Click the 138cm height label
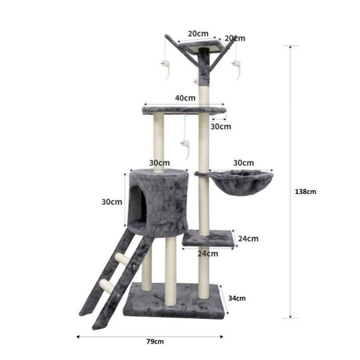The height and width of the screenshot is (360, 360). click(305, 191)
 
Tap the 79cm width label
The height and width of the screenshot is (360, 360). click(155, 341)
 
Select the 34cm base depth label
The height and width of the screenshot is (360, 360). click(237, 298)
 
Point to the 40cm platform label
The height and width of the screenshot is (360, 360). click(185, 98)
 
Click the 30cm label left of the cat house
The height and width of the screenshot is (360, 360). click(112, 202)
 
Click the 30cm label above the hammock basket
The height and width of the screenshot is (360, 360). click(243, 163)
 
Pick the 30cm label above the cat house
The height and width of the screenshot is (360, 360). click(159, 163)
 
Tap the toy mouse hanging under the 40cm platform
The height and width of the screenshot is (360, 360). click(185, 149)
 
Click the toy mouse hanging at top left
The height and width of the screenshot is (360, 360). click(166, 69)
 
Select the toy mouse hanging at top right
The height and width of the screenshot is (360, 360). click(236, 69)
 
